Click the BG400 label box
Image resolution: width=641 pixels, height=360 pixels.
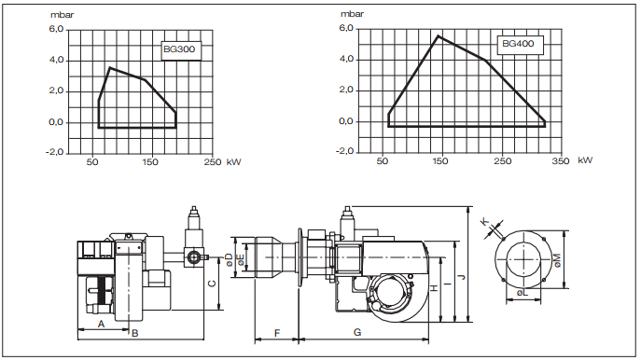[x=520, y=44]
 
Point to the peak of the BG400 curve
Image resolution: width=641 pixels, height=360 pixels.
[x=439, y=36]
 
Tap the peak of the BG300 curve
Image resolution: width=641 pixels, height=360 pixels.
[x=109, y=67]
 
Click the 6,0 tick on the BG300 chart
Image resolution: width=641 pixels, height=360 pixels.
[x=56, y=30]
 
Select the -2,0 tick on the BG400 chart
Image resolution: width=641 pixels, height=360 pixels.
[x=344, y=151]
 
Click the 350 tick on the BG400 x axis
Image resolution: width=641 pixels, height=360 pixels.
[x=561, y=161]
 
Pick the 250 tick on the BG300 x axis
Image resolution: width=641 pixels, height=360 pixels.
[x=213, y=162]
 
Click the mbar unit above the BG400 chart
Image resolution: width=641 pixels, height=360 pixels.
[x=352, y=14]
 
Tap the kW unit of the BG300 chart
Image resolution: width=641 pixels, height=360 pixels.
[x=234, y=162]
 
